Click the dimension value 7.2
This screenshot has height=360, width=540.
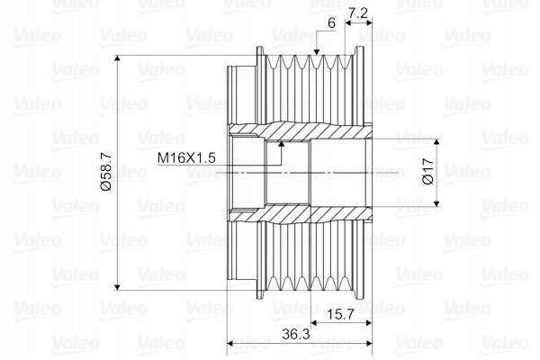358,13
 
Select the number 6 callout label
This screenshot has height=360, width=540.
331,23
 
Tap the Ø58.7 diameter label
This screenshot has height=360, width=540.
106,172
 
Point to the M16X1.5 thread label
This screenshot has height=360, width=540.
186,157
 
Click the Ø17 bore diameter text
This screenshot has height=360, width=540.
428,171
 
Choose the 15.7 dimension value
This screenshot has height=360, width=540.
340,314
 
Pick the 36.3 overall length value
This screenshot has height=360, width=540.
296,334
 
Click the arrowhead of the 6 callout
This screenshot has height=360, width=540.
317,51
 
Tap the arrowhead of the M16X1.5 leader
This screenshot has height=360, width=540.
282,145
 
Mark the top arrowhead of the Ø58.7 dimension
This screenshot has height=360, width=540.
117,59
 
